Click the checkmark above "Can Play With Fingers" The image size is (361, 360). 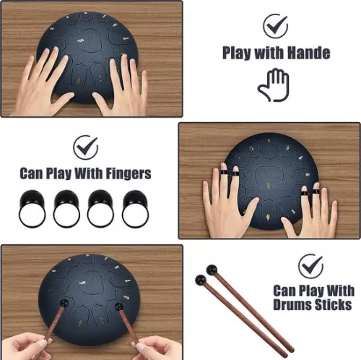[86, 147]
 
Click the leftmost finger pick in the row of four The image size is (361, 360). [31, 208]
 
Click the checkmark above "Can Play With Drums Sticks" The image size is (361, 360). [310, 265]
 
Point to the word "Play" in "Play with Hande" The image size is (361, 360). [238, 53]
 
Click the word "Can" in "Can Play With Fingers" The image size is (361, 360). [33, 173]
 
